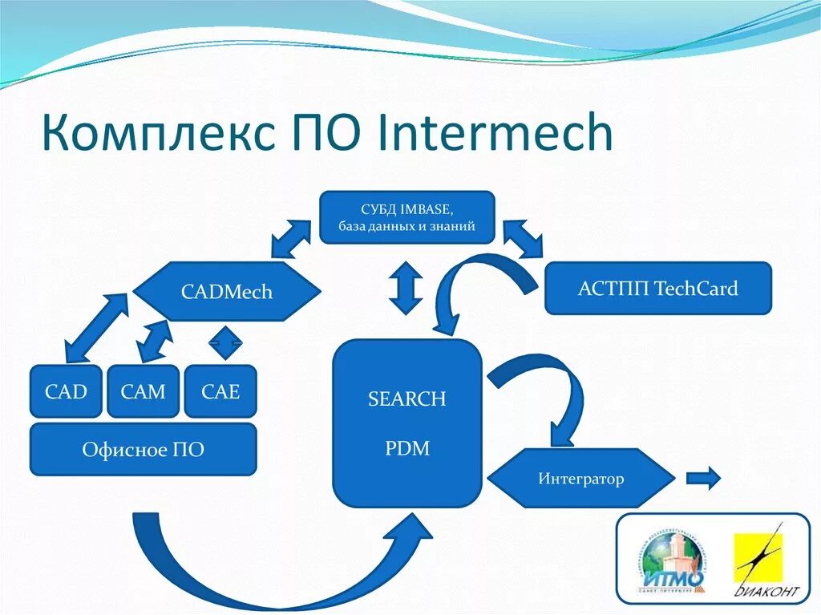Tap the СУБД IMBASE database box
click(406, 217)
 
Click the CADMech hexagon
click(226, 291)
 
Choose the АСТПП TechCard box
click(657, 288)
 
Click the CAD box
click(66, 391)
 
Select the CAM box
click(143, 391)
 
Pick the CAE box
click(220, 391)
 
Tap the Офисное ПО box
click(143, 450)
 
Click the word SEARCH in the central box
click(406, 399)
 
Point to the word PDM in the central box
click(406, 447)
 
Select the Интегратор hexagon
click(580, 479)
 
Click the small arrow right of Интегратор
click(702, 479)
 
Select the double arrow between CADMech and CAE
click(225, 343)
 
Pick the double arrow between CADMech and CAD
click(95, 327)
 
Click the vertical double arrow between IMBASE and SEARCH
click(406, 287)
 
